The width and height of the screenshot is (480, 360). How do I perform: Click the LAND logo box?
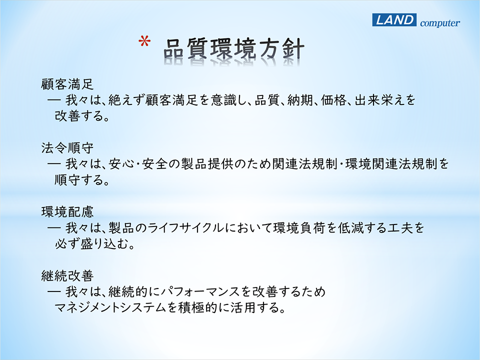394,20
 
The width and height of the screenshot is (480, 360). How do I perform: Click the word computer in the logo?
439,23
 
